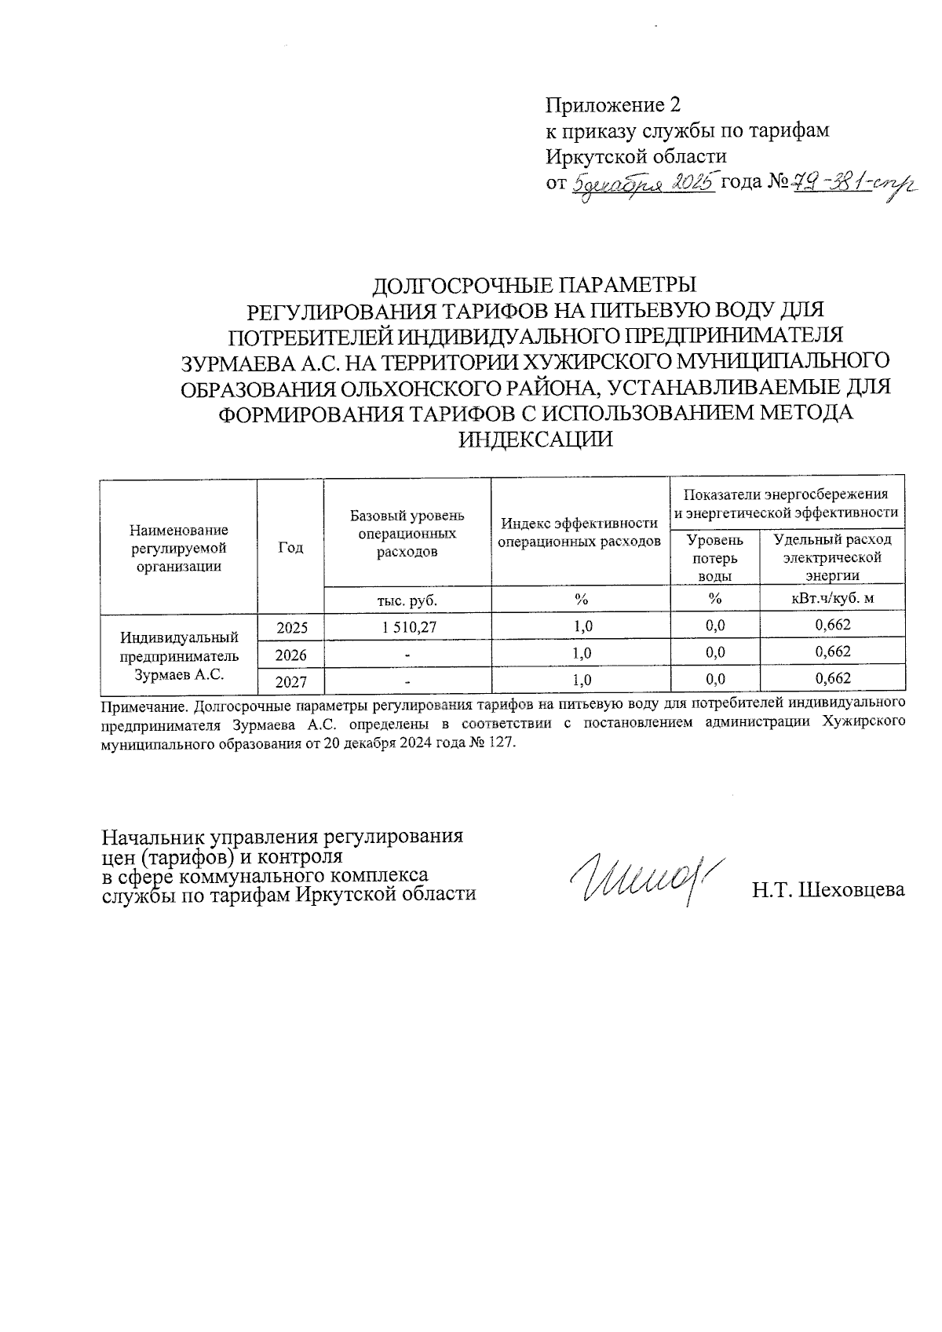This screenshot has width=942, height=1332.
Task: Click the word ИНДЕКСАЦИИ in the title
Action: click(x=535, y=440)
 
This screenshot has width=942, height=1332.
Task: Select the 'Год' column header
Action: click(x=290, y=547)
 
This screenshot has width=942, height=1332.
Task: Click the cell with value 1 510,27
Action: click(x=408, y=626)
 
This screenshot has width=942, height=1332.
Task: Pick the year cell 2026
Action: click(x=290, y=653)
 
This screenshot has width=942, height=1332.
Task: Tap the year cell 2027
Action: click(x=290, y=681)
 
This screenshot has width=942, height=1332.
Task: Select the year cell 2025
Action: click(x=290, y=626)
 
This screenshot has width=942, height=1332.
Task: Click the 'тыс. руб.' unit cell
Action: click(x=407, y=600)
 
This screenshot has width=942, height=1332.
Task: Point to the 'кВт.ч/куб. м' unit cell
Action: click(x=832, y=600)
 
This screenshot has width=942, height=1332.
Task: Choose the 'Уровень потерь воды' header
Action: click(x=714, y=557)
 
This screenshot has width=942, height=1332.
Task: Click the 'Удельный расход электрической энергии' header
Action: click(x=832, y=557)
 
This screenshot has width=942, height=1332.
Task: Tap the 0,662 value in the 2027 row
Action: click(x=832, y=679)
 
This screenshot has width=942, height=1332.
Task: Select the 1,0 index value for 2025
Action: click(x=582, y=626)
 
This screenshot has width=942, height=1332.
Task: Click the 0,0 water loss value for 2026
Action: click(x=714, y=652)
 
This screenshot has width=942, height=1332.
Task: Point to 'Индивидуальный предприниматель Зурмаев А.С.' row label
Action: click(x=179, y=653)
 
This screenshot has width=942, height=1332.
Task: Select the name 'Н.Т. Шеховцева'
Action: click(x=829, y=890)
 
